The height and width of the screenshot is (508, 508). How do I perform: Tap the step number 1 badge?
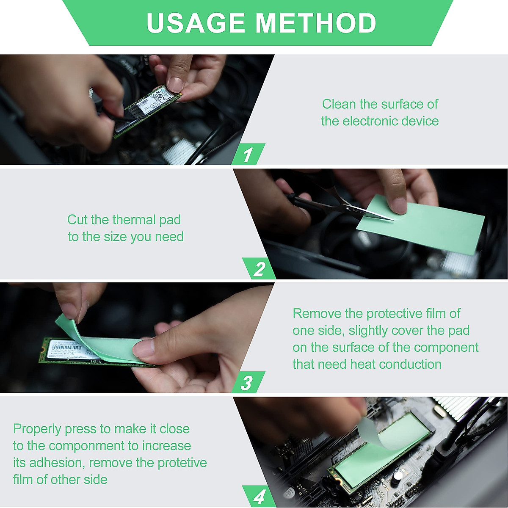click(248, 154)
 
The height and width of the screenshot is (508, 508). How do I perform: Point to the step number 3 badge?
click(248, 383)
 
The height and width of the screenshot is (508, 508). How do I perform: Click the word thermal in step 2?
click(134, 220)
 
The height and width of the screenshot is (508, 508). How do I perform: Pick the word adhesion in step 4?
click(56, 463)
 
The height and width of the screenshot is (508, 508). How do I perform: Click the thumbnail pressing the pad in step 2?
click(399, 205)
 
